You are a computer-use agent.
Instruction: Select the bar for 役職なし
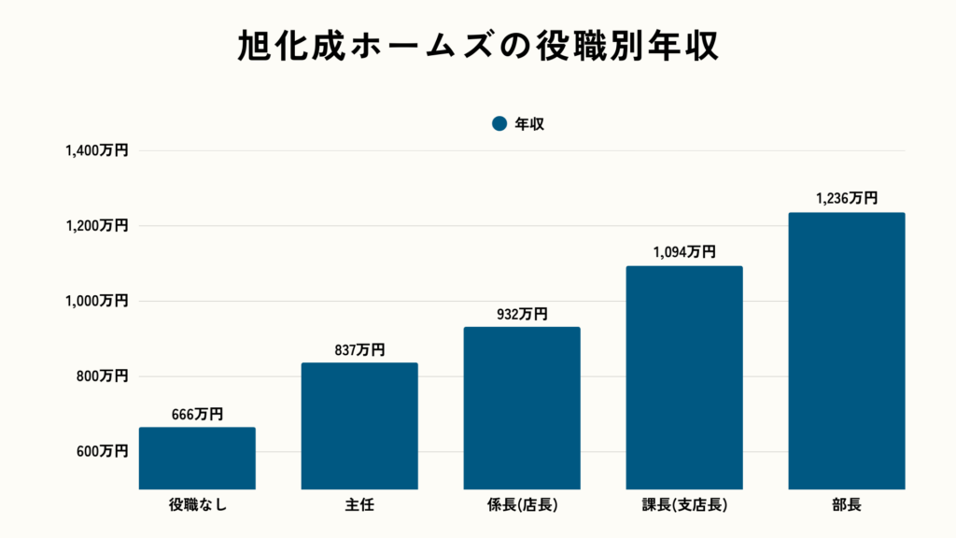pyautogui.click(x=197, y=458)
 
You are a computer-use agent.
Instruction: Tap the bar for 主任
pyautogui.click(x=359, y=425)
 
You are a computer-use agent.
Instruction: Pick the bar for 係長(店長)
pyautogui.click(x=522, y=407)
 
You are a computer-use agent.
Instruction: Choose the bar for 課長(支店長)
pyautogui.click(x=684, y=377)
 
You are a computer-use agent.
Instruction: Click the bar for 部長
pyautogui.click(x=847, y=350)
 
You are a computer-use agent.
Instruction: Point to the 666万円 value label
pyautogui.click(x=197, y=415)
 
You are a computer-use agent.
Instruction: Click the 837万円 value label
pyautogui.click(x=359, y=350)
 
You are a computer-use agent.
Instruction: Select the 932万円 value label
pyautogui.click(x=522, y=315)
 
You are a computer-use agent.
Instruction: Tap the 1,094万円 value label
pyautogui.click(x=684, y=252)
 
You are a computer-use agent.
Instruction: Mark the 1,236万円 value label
pyautogui.click(x=847, y=198)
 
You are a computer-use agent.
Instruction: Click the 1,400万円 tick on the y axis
pyautogui.click(x=97, y=150)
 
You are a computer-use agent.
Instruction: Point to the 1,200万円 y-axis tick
pyautogui.click(x=97, y=226)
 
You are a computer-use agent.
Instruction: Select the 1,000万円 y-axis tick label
pyautogui.click(x=97, y=301)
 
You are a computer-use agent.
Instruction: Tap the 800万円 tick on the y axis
pyautogui.click(x=102, y=376)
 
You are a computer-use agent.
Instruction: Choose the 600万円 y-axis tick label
pyautogui.click(x=102, y=452)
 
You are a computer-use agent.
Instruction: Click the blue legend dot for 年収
pyautogui.click(x=499, y=123)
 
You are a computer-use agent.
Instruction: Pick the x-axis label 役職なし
pyautogui.click(x=197, y=506)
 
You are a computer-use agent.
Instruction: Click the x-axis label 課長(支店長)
pyautogui.click(x=684, y=506)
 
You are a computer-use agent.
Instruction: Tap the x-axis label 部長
pyautogui.click(x=847, y=506)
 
